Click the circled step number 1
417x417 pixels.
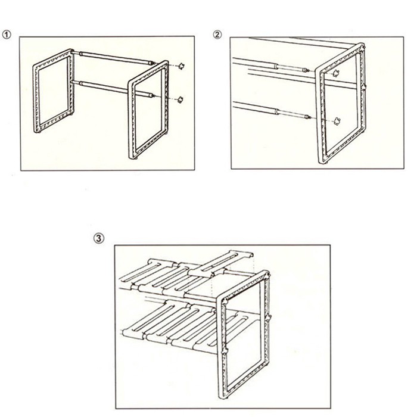(x=7, y=34)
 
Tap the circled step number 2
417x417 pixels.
(x=217, y=34)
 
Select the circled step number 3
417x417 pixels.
(x=99, y=238)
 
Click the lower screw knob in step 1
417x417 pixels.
(x=180, y=99)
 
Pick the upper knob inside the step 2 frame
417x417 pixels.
(x=337, y=74)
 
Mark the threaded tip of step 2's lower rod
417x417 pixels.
(x=306, y=116)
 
